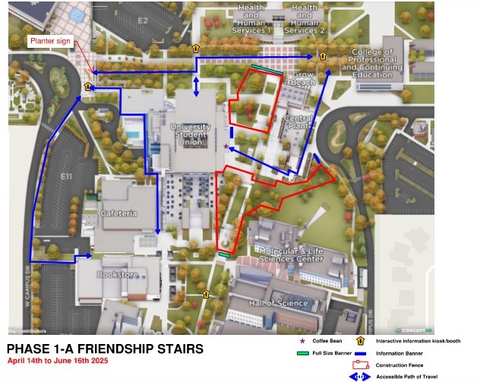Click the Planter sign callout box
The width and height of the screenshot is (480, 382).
[52, 42]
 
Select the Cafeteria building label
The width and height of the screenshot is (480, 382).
[118, 213]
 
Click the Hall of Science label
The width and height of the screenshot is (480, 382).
[278, 303]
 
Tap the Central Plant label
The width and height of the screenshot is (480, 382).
[298, 124]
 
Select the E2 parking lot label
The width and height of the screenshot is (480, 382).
[142, 21]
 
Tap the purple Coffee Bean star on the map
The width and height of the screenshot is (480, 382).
[226, 145]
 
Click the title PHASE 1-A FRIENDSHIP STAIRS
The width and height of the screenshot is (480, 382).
[106, 349]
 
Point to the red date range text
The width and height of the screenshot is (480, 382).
[58, 361]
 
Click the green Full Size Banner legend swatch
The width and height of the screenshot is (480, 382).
[303, 353]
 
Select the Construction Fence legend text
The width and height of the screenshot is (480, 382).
[399, 365]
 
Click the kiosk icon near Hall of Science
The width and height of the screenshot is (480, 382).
[204, 292]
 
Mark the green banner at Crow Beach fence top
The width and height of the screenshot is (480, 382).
[265, 68]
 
